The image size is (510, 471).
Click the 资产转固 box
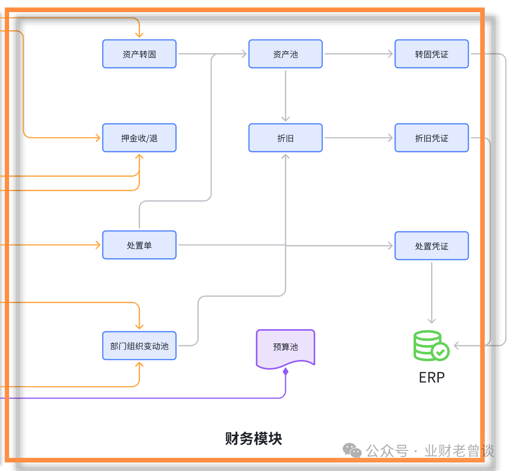[139, 54]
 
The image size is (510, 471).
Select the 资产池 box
[286, 54]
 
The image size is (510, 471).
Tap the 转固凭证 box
[432, 54]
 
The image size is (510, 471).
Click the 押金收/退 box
[139, 138]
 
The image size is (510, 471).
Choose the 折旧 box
[286, 138]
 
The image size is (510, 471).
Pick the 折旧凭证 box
[432, 138]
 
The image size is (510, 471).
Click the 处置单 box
[139, 245]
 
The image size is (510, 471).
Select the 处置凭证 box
[432, 246]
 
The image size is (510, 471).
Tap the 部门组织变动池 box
[139, 345]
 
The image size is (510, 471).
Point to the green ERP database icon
[431, 345]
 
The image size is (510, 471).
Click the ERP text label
[432, 377]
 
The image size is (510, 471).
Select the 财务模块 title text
[253, 439]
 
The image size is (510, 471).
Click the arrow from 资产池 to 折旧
[286, 96]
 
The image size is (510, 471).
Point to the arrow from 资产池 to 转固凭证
[359, 54]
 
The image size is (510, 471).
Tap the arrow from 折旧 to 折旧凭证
[359, 138]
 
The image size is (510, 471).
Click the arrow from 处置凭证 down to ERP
[432, 292]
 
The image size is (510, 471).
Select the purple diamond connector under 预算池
[286, 372]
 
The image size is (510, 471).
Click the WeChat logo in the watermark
[352, 450]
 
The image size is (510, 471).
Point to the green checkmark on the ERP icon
[441, 352]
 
